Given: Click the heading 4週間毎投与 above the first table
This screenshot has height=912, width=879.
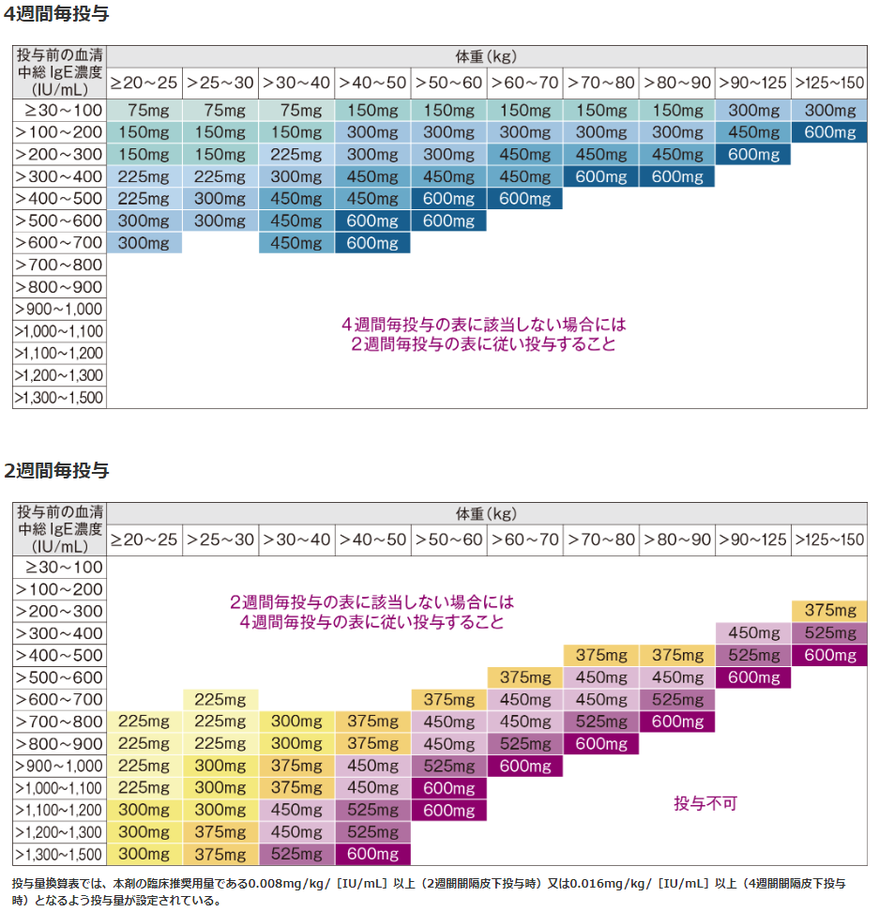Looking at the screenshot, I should coord(56,15).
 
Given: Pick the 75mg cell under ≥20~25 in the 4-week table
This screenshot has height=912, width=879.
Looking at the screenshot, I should coord(144,110).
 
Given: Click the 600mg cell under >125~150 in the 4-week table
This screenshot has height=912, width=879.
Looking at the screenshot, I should coord(829,132).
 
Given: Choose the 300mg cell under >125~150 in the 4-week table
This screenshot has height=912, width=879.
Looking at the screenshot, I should coord(829,110).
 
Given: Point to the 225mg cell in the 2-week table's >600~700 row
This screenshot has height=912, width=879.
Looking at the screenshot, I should coord(220,699).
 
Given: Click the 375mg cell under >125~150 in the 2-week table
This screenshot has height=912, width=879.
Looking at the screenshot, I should coord(829,611).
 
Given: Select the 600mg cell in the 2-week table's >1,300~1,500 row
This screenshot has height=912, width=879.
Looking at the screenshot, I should coord(372,854).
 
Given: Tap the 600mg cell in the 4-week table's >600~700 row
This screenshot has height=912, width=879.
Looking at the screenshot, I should coord(372,243).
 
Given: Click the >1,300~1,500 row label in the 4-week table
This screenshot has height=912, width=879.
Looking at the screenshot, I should coord(59,398).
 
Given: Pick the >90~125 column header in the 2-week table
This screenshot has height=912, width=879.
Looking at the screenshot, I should coord(752,540).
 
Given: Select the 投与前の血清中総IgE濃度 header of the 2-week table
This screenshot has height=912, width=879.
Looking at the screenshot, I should coord(59,528).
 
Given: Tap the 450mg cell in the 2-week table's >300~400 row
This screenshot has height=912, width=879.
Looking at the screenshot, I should coord(752,633).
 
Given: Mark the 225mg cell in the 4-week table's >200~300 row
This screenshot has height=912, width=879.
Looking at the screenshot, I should coord(296,154).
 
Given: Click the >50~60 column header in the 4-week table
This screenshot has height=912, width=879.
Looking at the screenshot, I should coord(448,83).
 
